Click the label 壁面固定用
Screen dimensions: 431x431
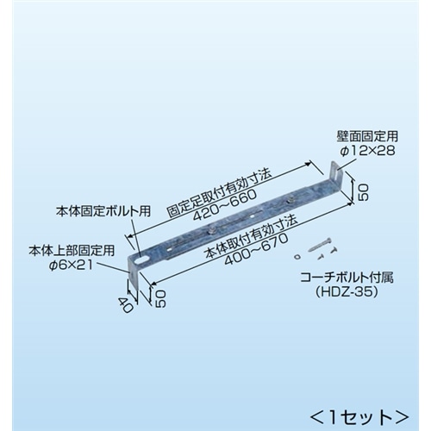pos(367,136)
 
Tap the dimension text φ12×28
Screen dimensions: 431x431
pos(367,151)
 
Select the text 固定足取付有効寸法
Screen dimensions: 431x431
pos(219,192)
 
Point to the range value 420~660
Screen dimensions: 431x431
pos(225,206)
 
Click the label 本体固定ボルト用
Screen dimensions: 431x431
pos(103,211)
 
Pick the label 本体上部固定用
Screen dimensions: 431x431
pos(72,251)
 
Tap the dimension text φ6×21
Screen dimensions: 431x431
pos(71,265)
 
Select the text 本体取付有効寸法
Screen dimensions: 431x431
pos(250,237)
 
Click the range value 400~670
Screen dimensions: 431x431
pos(256,249)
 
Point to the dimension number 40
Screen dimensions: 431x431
pos(126,305)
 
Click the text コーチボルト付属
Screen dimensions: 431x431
pos(347,278)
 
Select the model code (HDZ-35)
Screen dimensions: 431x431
pos(347,292)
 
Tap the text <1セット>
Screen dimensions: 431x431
pos(359,417)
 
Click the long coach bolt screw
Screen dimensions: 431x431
pos(320,245)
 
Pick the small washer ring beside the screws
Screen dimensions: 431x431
pos(297,257)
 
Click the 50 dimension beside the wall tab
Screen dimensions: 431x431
pos(362,192)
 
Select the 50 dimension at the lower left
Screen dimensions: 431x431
pos(160,298)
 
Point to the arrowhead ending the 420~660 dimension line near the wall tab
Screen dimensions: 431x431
pos(308,164)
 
